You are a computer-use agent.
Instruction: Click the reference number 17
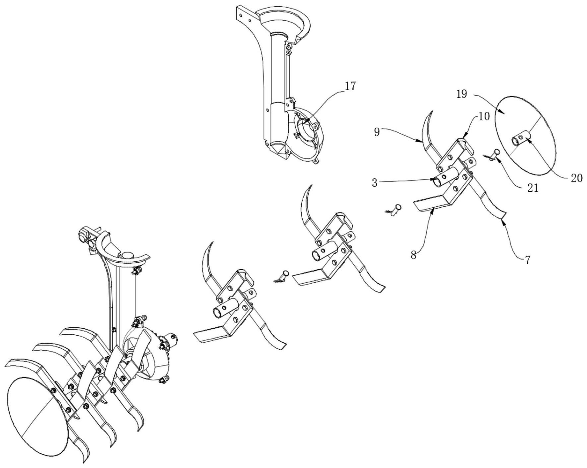pyautogui.click(x=350, y=87)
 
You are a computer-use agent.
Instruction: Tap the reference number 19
pyautogui.click(x=462, y=95)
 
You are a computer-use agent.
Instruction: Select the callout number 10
pyautogui.click(x=484, y=117)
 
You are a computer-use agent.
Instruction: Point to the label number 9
pyautogui.click(x=377, y=132)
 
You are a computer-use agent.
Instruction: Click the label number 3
pyautogui.click(x=375, y=183)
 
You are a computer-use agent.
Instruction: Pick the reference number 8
pyautogui.click(x=414, y=255)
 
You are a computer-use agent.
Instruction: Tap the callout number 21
pyautogui.click(x=533, y=188)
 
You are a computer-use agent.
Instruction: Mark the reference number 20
pyautogui.click(x=577, y=178)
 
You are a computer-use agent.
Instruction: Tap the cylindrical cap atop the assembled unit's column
pyautogui.click(x=127, y=255)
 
